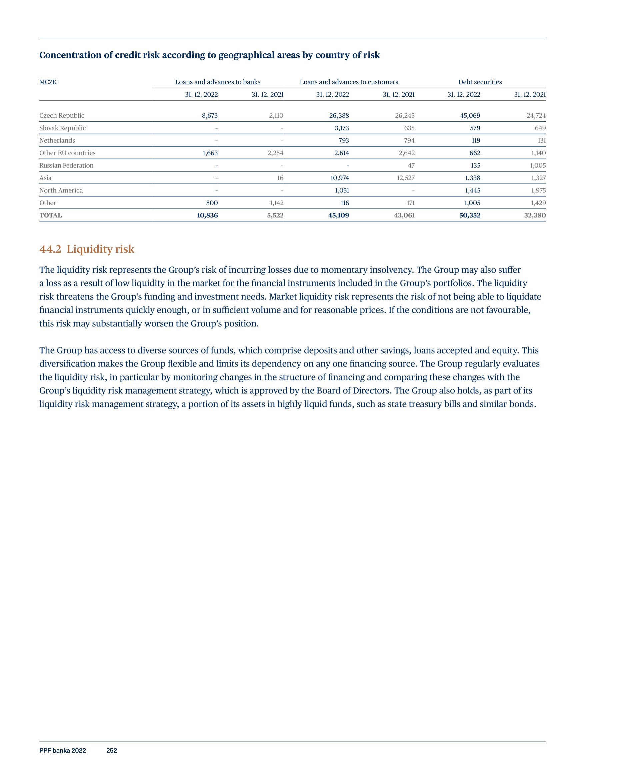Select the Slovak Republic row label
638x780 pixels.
62,128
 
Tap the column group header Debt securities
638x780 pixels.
480,82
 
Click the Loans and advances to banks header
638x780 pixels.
218,82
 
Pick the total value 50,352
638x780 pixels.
469,215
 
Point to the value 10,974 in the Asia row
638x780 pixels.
340,178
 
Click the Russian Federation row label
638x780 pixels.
67,165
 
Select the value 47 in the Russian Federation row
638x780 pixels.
411,165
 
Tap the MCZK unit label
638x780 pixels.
48,82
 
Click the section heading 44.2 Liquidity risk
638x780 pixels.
87,249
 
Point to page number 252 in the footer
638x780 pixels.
112,751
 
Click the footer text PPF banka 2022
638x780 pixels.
62,751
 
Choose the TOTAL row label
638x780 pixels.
51,215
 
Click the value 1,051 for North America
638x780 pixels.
342,190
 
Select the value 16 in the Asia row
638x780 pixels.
280,178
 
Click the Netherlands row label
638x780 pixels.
57,140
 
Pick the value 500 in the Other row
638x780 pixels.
212,203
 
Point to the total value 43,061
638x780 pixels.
404,215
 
